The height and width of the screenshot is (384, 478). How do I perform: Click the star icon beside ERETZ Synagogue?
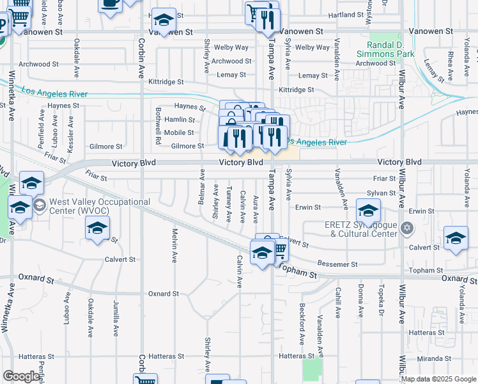click(x=406, y=227)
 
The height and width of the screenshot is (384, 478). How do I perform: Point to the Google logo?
click(x=21, y=376)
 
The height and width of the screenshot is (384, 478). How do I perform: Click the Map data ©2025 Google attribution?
click(x=438, y=379)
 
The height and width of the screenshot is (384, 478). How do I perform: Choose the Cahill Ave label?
click(x=337, y=300)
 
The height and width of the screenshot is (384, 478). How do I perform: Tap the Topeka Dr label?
click(x=382, y=300)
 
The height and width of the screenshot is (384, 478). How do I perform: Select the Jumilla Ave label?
click(x=116, y=317)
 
